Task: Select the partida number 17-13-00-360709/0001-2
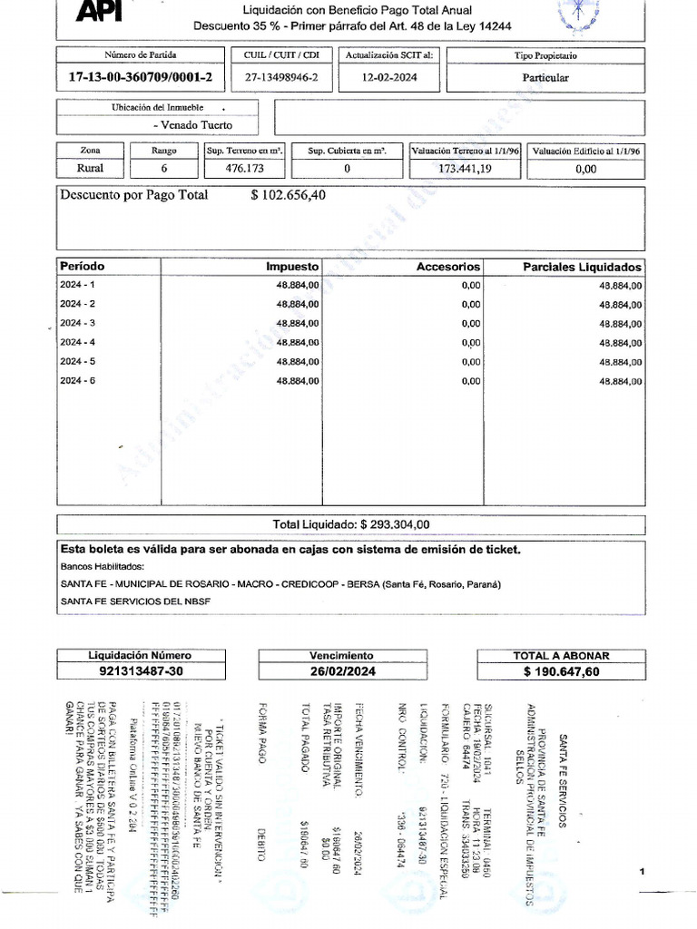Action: click(x=140, y=77)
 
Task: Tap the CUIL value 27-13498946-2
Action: click(x=281, y=77)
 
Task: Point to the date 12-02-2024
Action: click(x=389, y=77)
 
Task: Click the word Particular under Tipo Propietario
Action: click(x=545, y=77)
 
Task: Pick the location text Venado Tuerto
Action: click(x=192, y=125)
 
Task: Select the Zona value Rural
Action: click(x=91, y=168)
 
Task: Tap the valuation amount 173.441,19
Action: click(x=466, y=169)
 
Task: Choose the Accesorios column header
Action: click(x=447, y=267)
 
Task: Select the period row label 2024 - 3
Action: click(x=77, y=323)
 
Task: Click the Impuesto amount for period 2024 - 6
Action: click(x=297, y=381)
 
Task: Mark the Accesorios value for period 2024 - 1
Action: click(x=470, y=285)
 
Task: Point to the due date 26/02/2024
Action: click(x=341, y=671)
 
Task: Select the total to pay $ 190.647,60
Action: click(x=561, y=672)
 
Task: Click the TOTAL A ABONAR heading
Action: click(x=561, y=655)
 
